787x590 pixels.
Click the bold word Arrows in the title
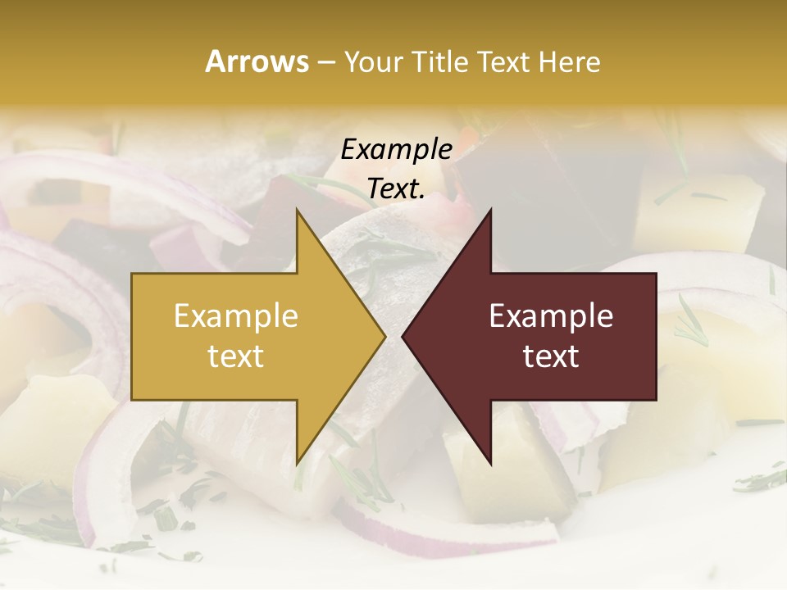[x=257, y=61]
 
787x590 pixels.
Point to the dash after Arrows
[x=325, y=62]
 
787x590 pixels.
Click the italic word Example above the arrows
[x=397, y=149]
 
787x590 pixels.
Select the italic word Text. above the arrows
[x=397, y=188]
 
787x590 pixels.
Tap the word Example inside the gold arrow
[x=236, y=316]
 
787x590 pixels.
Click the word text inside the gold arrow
[x=236, y=356]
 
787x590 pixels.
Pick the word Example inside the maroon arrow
[x=551, y=316]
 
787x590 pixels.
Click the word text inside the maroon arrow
[x=551, y=356]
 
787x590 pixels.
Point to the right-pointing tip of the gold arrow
[x=385, y=337]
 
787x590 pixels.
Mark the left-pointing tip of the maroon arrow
[x=403, y=337]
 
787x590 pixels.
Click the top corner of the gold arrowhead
[x=297, y=209]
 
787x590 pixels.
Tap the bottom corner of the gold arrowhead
[x=297, y=465]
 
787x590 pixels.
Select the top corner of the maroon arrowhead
[x=491, y=209]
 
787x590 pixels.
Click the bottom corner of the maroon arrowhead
[x=491, y=465]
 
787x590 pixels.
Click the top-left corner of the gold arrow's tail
[x=132, y=274]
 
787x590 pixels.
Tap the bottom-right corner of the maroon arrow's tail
[x=656, y=400]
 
